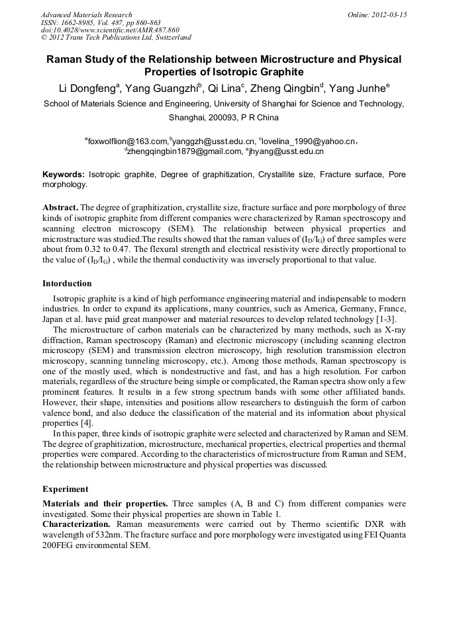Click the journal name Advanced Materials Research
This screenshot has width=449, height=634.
point(86,15)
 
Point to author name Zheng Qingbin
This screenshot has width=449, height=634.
point(287,88)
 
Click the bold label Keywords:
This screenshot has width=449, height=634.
point(64,175)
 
